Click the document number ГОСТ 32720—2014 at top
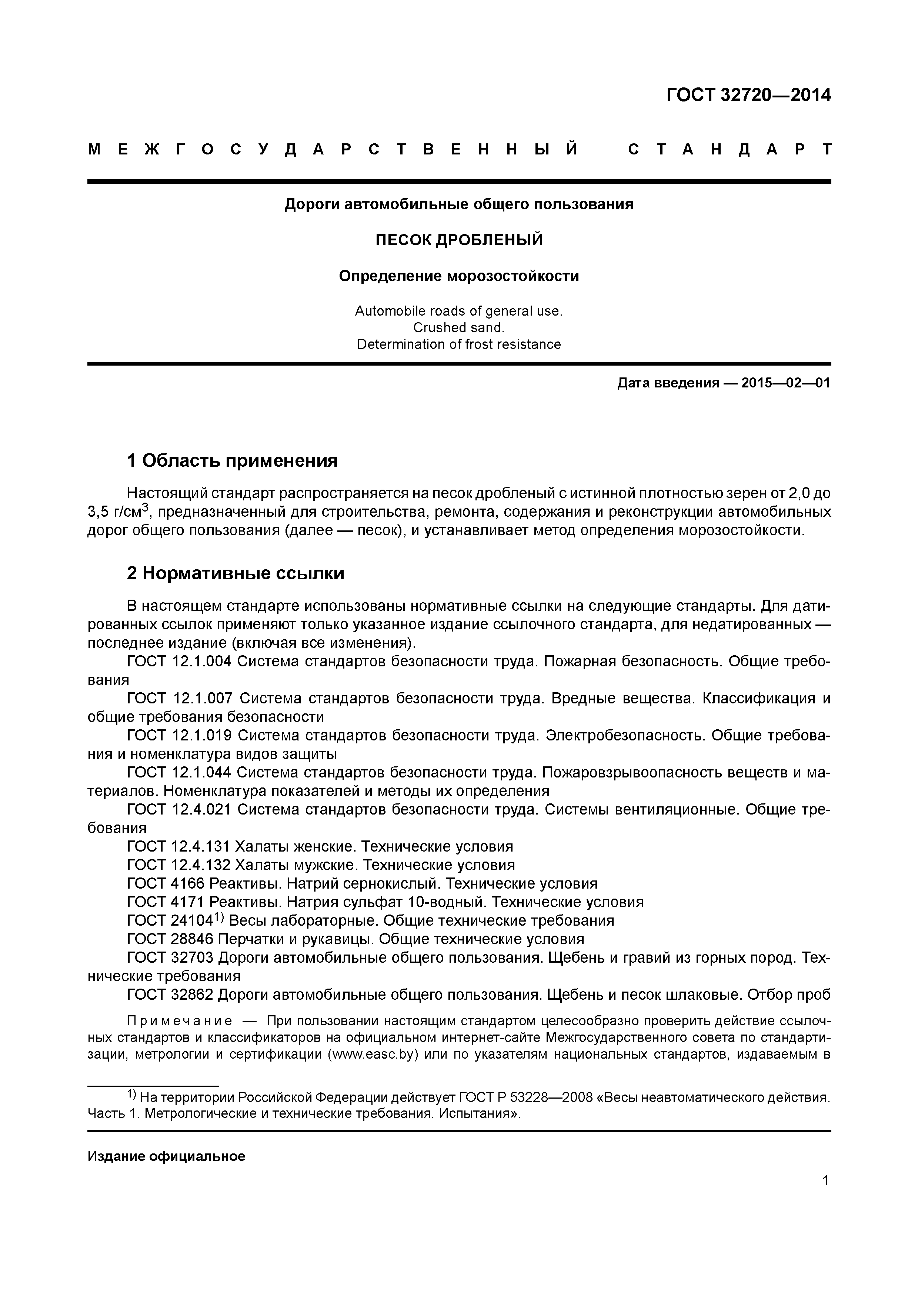(748, 95)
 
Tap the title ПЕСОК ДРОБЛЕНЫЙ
(459, 240)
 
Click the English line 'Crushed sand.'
(459, 327)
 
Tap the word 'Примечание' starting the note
(179, 1021)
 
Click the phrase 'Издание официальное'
(166, 1156)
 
